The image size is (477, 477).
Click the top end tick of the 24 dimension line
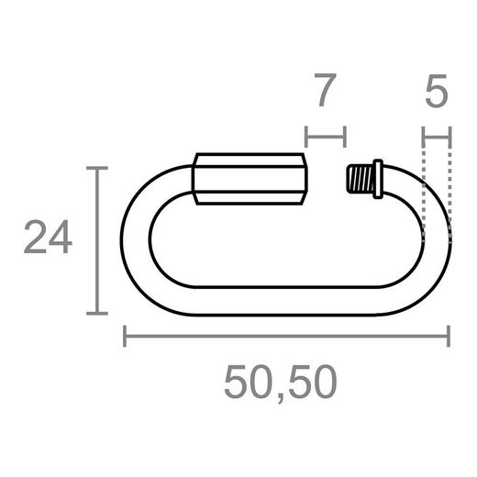coord(96,169)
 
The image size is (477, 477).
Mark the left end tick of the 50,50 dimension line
coord(125,338)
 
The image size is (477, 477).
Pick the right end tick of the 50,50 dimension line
coord(449,338)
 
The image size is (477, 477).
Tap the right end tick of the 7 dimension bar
coord(344,139)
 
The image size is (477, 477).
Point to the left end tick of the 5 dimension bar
coord(424,139)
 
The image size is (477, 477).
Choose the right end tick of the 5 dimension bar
coord(451,139)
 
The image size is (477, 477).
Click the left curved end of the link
coord(134,240)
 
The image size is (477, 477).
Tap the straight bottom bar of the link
coord(284,305)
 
